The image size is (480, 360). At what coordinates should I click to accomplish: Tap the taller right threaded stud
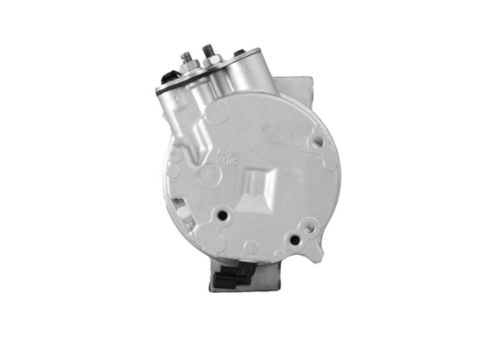(207, 51)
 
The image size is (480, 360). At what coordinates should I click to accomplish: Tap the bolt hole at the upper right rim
(317, 143)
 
